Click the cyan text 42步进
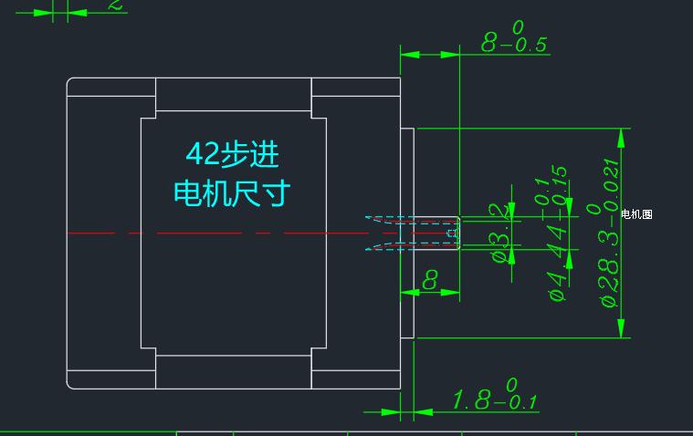(x=232, y=154)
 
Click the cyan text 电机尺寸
(x=232, y=192)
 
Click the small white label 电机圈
(x=636, y=214)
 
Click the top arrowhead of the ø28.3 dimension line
(x=622, y=137)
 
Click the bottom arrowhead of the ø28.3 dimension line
(x=622, y=329)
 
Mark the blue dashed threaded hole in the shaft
(x=388, y=233)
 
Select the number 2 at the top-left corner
(x=115, y=5)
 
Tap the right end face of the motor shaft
(x=457, y=233)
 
